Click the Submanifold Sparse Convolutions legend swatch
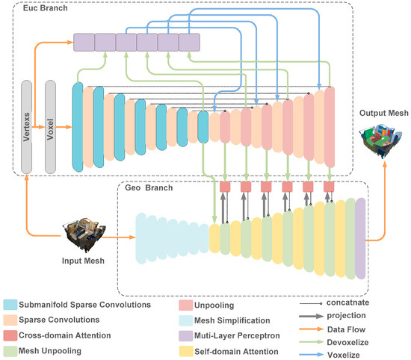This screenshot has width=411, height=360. (10, 304)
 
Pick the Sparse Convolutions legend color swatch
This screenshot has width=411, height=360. (10, 319)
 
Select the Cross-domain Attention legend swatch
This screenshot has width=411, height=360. (10, 334)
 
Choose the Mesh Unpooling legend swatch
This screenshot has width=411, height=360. (10, 350)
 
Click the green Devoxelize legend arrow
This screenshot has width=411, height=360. (315, 342)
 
